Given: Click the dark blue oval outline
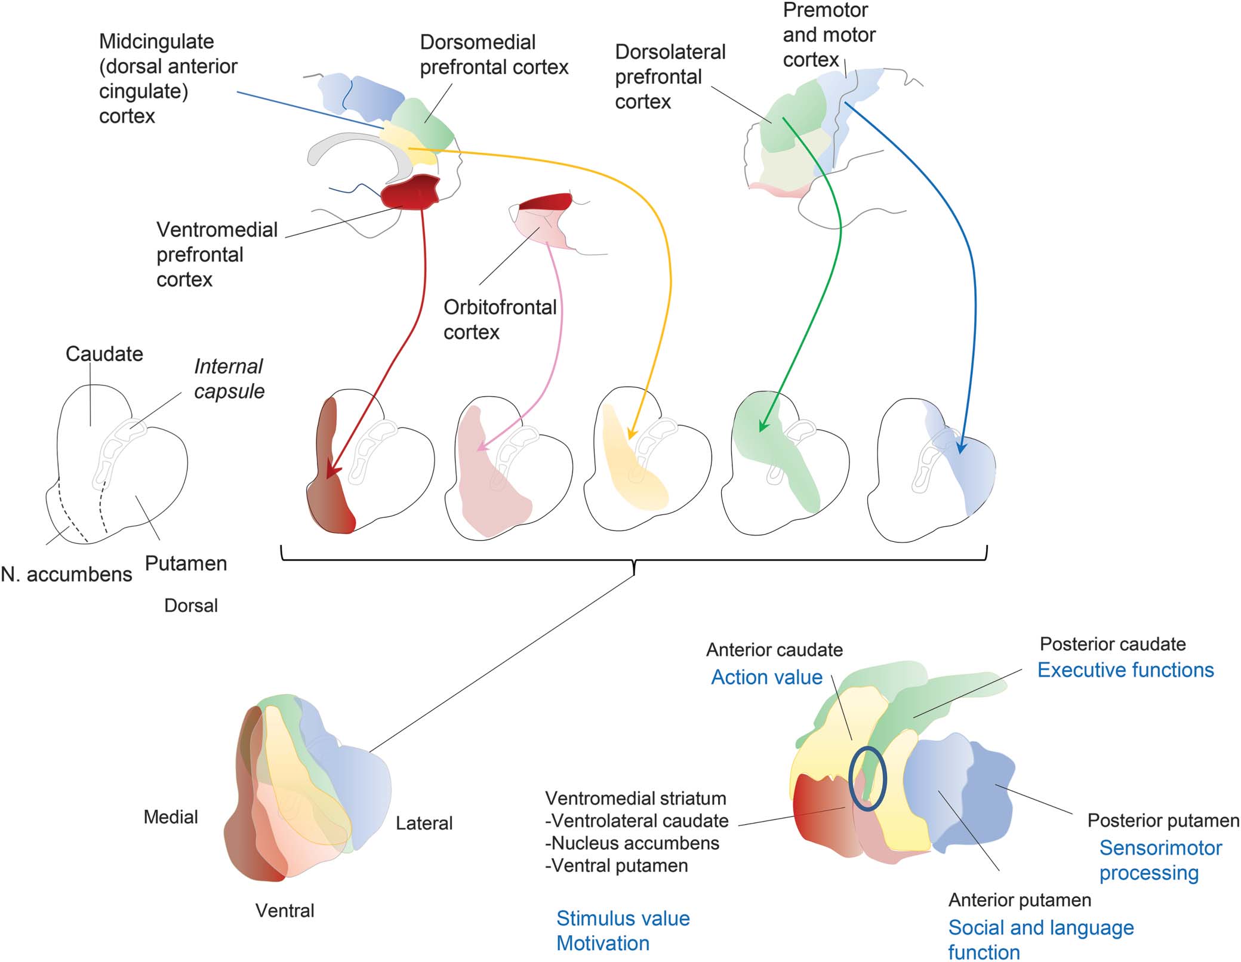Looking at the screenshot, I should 867,750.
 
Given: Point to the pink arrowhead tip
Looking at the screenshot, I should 481,448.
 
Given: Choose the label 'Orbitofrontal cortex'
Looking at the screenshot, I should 500,319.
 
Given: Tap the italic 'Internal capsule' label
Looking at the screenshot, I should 229,378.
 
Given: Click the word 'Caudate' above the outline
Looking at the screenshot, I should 104,354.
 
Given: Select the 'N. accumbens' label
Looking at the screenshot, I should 66,574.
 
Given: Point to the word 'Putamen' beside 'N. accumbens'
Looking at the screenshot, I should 186,563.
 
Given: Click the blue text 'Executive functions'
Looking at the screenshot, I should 1125,670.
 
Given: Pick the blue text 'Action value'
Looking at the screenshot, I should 766,677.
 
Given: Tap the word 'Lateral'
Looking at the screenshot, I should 424,824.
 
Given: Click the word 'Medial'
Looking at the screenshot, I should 171,817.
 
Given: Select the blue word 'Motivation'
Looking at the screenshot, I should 603,943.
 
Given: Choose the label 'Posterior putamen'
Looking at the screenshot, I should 1163,821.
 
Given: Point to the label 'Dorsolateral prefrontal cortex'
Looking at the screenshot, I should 670,77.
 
